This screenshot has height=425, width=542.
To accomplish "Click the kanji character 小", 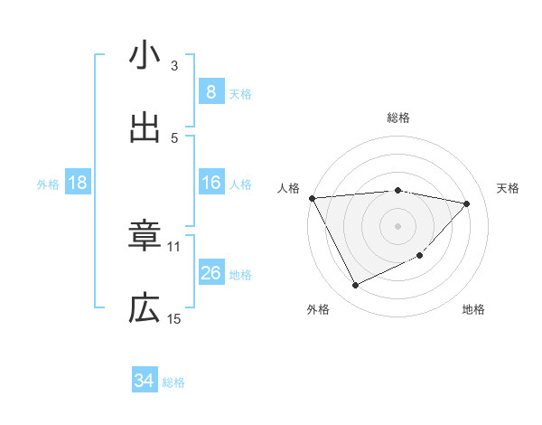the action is [x=145, y=57].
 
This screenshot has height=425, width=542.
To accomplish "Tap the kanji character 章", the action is [x=145, y=238].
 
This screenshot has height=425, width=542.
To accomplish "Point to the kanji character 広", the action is [x=145, y=310].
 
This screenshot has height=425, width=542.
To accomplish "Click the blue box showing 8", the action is [x=210, y=91].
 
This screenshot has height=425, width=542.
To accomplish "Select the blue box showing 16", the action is [x=210, y=184].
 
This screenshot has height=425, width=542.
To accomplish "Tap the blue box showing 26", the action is [x=210, y=273].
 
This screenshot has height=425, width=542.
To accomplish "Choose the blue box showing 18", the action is [x=78, y=184].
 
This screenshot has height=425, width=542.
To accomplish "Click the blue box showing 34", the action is [x=144, y=382].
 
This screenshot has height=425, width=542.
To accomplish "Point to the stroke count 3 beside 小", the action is [x=174, y=66].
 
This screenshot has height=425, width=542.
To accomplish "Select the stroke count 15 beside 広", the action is [x=174, y=318].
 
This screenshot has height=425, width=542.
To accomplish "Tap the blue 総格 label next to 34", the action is [x=173, y=382].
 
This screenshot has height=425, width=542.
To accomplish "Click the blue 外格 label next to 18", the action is [x=48, y=184].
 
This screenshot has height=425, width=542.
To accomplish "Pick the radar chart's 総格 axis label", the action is [x=398, y=118].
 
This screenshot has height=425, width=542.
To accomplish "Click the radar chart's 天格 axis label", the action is [x=509, y=188].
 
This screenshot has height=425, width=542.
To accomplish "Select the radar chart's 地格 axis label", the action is [x=473, y=309].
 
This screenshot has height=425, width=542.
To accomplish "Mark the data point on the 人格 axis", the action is [x=312, y=198].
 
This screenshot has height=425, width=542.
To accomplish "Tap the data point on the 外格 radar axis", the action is [x=355, y=286].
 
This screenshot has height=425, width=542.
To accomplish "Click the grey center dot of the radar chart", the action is [x=397, y=225].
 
